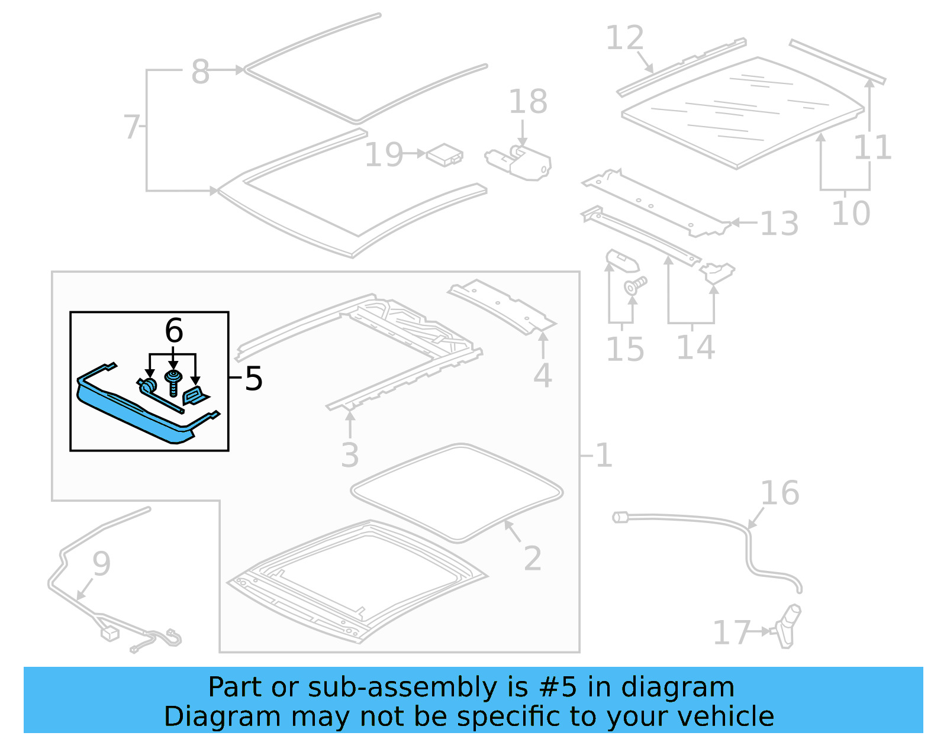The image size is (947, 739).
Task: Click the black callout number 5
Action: click(253, 379)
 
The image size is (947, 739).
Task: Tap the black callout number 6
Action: click(173, 330)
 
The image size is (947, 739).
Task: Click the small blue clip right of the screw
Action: click(195, 395)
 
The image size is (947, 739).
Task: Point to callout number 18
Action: click(528, 102)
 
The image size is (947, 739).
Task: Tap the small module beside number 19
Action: click(445, 154)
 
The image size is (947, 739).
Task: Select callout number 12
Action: click(625, 38)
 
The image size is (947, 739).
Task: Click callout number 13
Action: click(779, 224)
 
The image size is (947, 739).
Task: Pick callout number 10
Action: click(851, 213)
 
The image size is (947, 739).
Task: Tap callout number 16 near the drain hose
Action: click(779, 493)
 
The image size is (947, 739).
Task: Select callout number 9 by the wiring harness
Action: click(101, 563)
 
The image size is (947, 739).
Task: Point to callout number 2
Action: click(532, 559)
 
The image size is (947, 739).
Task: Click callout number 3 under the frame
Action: click(350, 455)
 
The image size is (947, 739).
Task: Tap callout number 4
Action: click(542, 376)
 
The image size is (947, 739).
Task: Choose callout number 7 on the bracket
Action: click(131, 127)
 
